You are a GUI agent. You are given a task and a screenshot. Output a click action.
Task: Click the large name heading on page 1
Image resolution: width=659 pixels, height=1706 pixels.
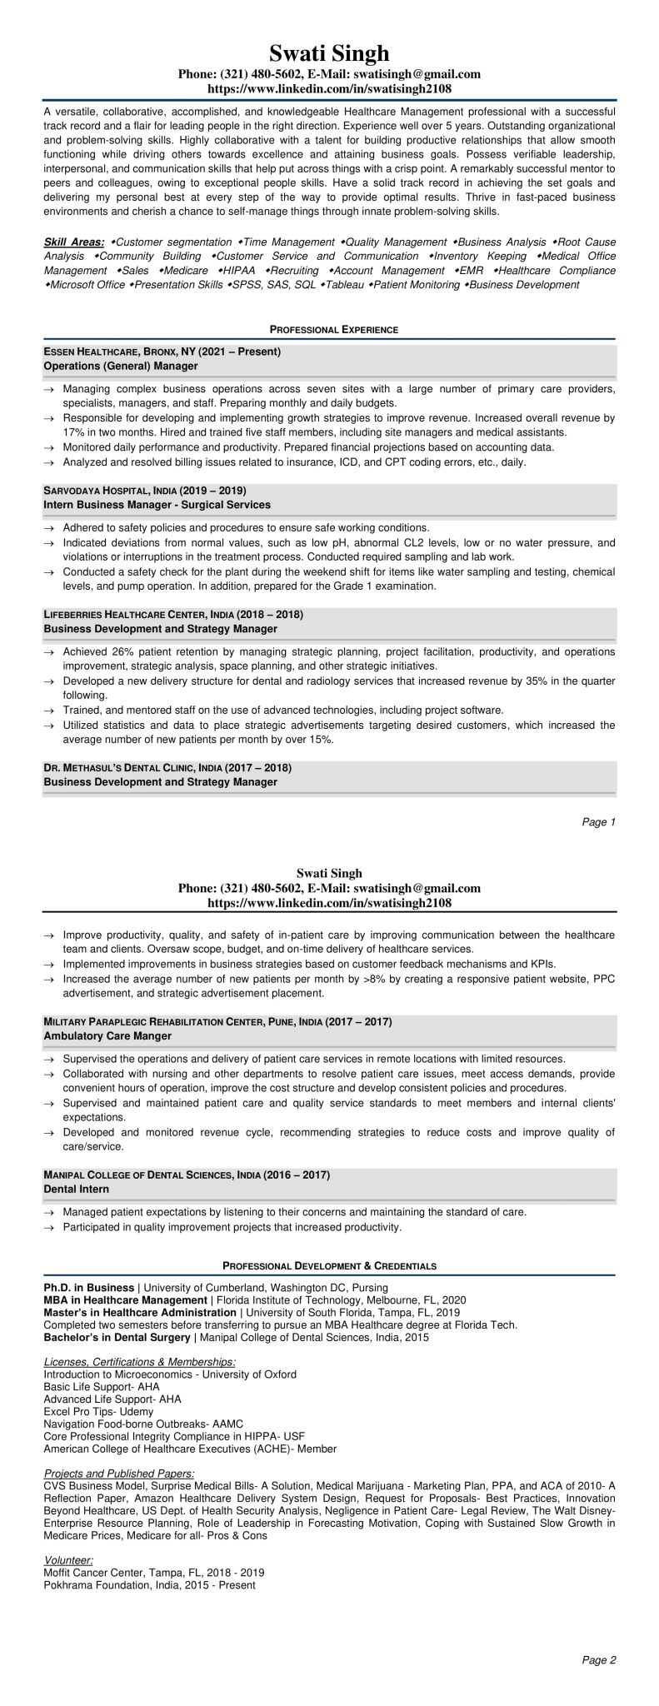tap(329, 54)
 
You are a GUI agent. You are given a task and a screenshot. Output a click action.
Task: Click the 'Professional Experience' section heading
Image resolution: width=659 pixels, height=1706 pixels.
tap(329, 330)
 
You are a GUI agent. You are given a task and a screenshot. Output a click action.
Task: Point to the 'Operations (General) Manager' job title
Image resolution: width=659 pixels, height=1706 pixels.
tap(121, 366)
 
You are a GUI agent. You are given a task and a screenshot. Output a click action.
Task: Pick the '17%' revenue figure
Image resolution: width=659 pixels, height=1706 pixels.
tap(73, 432)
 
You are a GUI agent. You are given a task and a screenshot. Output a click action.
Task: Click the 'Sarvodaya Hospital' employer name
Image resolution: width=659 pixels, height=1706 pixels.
tap(98, 491)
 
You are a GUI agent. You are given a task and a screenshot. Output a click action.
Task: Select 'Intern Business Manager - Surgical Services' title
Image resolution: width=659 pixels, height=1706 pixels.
tap(157, 505)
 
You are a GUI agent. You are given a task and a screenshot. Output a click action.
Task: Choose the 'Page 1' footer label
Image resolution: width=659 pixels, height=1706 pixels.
tap(598, 822)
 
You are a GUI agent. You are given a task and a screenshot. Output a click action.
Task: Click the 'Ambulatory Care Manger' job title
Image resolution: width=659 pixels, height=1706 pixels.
tap(107, 1035)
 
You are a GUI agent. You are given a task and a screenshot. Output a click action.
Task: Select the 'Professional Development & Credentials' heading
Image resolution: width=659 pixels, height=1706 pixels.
tap(329, 1265)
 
